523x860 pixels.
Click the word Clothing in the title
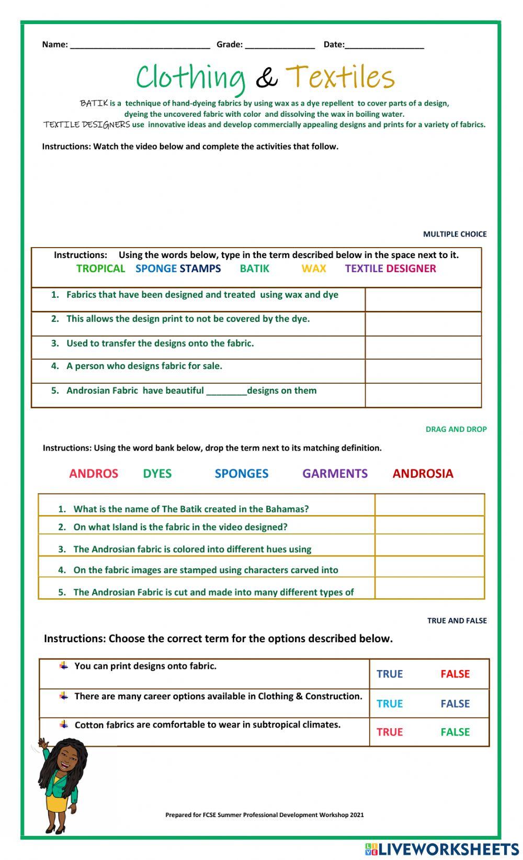coord(190,77)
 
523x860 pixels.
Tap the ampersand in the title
coord(266,78)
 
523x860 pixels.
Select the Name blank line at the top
coord(140,45)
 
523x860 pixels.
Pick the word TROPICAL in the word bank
coord(100,269)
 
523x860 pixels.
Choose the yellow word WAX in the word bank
coord(314,269)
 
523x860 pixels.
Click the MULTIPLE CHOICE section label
coord(454,234)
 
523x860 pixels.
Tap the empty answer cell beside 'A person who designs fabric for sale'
coord(423,371)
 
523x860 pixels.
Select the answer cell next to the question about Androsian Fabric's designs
coord(423,395)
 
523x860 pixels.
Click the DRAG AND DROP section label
coord(456,429)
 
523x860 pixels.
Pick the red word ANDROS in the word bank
coord(94,474)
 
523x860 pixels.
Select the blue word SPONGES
coord(241,474)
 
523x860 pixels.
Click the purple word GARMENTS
coord(335,474)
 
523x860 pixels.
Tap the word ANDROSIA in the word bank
coord(423,474)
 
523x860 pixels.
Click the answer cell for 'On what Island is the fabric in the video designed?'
coord(429,525)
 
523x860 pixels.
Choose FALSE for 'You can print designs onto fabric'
coord(454,674)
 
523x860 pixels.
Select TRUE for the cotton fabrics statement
coord(390,732)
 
